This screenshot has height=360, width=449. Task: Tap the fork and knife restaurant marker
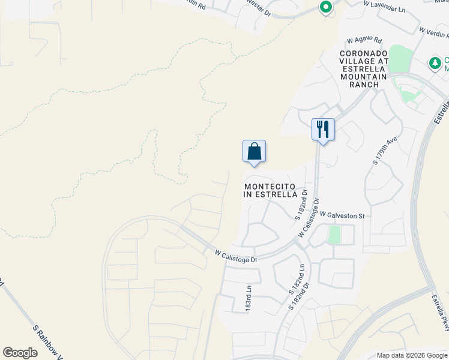point(323,130)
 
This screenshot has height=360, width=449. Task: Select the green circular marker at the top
point(325,8)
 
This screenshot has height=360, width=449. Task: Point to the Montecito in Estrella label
point(271,190)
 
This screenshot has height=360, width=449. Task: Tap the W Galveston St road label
point(342,215)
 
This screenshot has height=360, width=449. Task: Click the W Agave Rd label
point(364,41)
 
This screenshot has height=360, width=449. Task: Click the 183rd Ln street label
point(247,298)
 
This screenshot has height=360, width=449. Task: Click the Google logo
point(20,353)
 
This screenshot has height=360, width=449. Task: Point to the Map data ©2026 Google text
point(411,355)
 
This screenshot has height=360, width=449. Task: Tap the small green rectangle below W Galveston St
point(334,234)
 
